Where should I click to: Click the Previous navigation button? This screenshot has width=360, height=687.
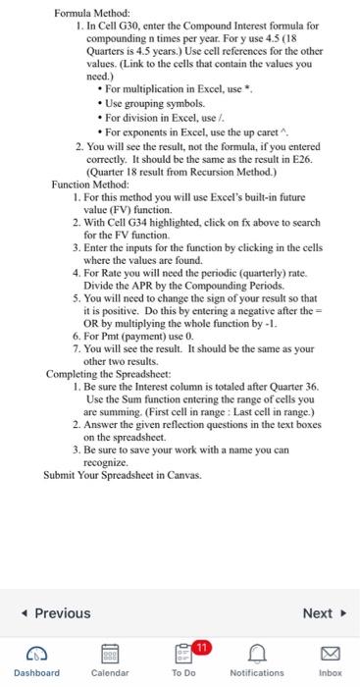pyautogui.click(x=56, y=613)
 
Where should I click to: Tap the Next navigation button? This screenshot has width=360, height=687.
pyautogui.click(x=323, y=613)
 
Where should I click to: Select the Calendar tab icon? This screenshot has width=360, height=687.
pyautogui.click(x=109, y=653)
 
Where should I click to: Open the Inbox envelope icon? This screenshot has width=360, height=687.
pyautogui.click(x=330, y=653)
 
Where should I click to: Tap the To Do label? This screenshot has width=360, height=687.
pyautogui.click(x=183, y=673)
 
